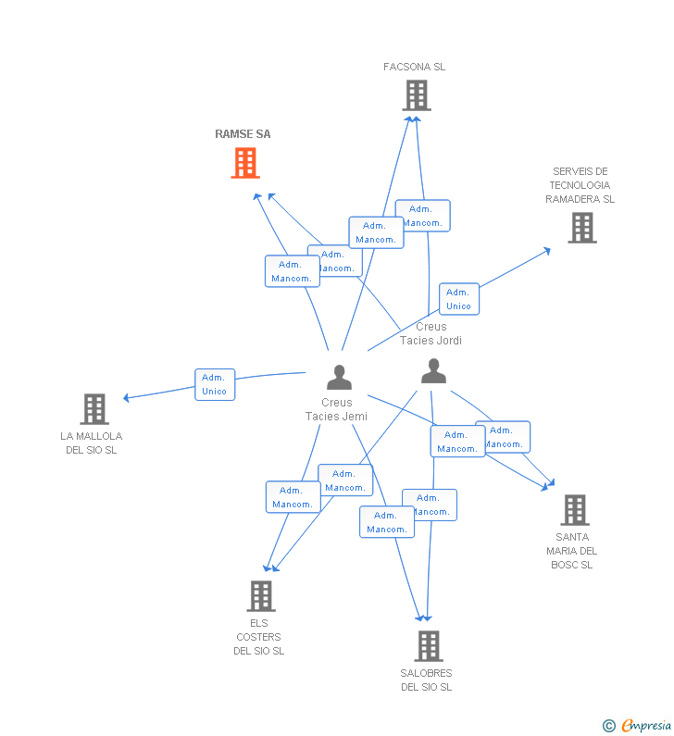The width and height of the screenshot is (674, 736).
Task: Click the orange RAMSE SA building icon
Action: tap(244, 163)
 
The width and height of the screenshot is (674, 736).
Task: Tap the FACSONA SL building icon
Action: tap(416, 94)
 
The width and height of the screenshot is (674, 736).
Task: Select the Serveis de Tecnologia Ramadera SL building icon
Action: tap(581, 227)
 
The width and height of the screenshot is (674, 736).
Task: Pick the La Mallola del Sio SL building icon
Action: tap(94, 408)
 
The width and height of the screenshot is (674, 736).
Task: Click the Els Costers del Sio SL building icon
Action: tap(261, 595)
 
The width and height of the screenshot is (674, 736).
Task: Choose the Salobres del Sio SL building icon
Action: tap(428, 645)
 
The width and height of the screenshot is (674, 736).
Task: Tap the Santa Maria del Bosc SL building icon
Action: tap(574, 509)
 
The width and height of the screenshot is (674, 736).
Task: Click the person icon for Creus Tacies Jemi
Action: tap(339, 377)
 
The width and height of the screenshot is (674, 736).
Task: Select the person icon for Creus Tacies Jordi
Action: tap(433, 371)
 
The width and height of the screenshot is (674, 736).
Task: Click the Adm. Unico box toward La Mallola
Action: tap(215, 384)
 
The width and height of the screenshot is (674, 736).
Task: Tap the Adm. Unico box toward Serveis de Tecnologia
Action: tap(458, 299)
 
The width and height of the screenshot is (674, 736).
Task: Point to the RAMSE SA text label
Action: tap(243, 134)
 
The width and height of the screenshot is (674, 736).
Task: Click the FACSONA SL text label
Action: tap(414, 67)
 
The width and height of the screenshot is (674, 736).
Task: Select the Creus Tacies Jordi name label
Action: tap(431, 333)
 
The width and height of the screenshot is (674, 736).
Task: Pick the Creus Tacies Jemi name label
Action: tap(336, 409)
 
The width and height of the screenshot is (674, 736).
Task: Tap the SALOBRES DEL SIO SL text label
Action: tap(426, 680)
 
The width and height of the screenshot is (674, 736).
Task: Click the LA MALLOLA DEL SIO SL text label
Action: tap(91, 443)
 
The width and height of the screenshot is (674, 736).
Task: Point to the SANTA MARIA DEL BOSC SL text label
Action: tap(571, 550)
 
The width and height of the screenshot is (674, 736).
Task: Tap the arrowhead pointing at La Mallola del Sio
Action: tap(127, 398)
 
